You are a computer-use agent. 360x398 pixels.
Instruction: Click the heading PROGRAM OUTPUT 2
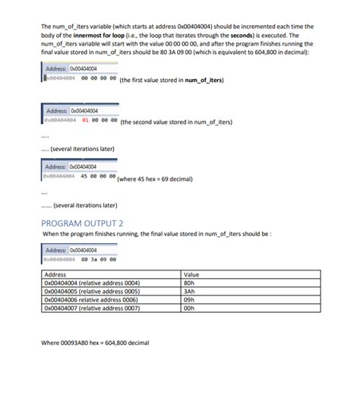[82, 223]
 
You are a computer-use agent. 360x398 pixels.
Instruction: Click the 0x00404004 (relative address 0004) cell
[92, 282]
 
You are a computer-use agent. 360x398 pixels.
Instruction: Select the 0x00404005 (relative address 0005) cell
[92, 290]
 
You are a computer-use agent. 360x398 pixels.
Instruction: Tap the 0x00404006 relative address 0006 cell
[91, 299]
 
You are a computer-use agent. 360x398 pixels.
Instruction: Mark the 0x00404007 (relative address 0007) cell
[92, 308]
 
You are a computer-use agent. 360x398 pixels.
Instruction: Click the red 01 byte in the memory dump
[85, 119]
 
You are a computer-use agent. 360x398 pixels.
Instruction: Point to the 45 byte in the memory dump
[84, 175]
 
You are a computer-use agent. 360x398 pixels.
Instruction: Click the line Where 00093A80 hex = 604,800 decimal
[95, 343]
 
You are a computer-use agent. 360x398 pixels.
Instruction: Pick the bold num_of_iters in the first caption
[204, 78]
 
